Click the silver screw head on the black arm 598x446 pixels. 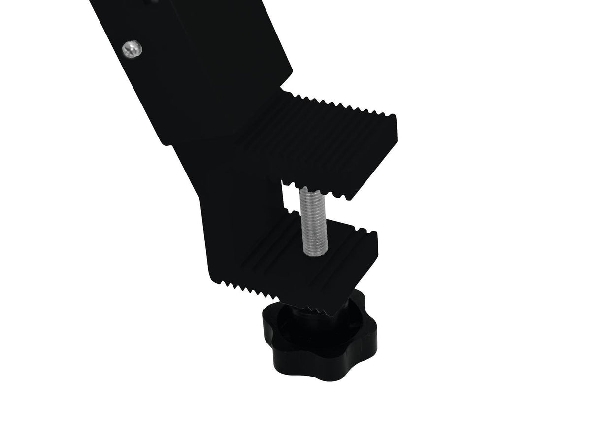pyautogui.click(x=132, y=49)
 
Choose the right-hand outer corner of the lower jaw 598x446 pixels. pyautogui.click(x=377, y=234)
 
